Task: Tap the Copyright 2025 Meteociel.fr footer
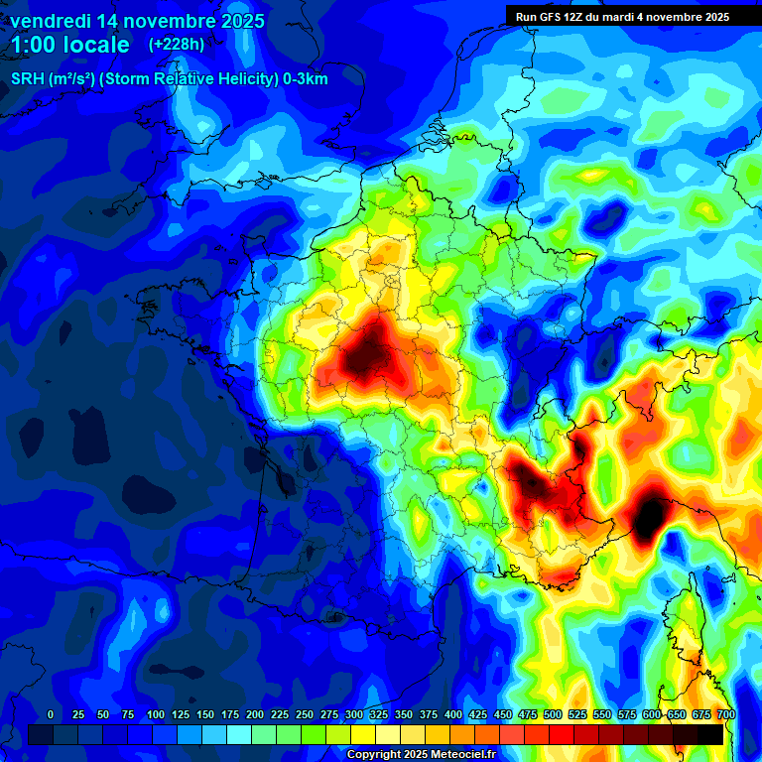point(421,755)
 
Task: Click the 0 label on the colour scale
point(51,714)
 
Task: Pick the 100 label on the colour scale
point(156,714)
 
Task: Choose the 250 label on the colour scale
point(305,714)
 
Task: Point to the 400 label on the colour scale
point(453,714)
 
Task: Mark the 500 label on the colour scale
point(553,714)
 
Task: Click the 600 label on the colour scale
point(652,714)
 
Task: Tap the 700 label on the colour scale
point(725,714)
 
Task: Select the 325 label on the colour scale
point(379,714)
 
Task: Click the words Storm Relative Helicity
point(188,79)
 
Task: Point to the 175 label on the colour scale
point(230,714)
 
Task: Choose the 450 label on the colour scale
point(503,714)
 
